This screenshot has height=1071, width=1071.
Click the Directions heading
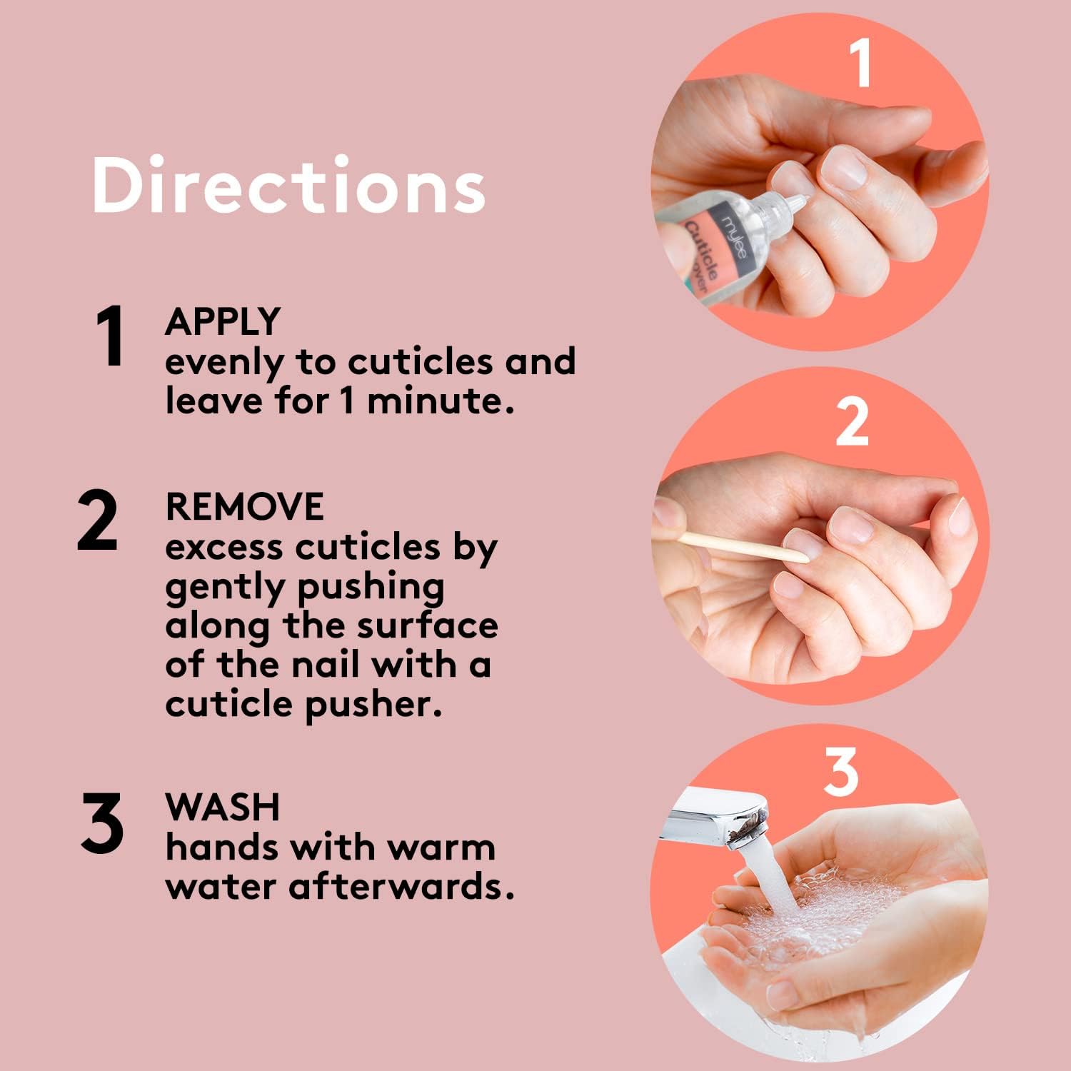[288, 185]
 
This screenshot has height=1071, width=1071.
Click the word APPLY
[223, 322]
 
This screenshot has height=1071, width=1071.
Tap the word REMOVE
[244, 507]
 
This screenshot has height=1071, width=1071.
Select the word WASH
[223, 808]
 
